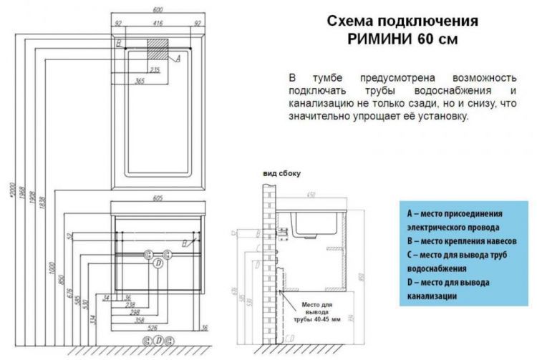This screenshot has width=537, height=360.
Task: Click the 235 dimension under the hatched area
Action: tap(154, 69)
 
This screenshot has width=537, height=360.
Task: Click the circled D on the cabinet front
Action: tap(158, 263)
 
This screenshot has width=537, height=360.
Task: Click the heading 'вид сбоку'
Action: tap(281, 173)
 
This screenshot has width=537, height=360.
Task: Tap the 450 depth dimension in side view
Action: tap(311, 194)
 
